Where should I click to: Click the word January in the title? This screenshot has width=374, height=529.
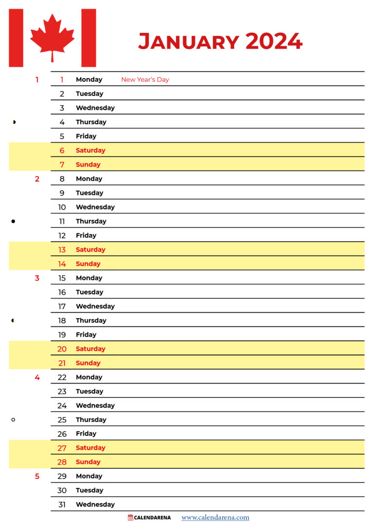click(x=188, y=41)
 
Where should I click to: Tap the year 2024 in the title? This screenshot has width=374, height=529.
click(x=274, y=41)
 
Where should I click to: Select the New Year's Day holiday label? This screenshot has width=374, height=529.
click(x=145, y=80)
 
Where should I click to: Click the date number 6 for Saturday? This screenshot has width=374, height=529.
click(x=62, y=151)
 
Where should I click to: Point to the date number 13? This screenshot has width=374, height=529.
click(x=62, y=250)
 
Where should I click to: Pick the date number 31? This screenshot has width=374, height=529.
click(x=62, y=505)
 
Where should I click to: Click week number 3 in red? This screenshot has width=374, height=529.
click(x=37, y=278)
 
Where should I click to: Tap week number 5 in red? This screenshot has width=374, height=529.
click(x=37, y=476)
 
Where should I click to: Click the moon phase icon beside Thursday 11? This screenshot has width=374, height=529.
click(x=13, y=221)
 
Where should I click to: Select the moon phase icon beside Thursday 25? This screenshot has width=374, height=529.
click(x=13, y=419)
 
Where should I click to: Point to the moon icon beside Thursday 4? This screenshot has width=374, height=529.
click(x=14, y=122)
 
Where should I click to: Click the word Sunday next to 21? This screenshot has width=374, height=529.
click(x=88, y=363)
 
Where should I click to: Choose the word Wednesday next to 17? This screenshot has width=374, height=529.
click(x=95, y=306)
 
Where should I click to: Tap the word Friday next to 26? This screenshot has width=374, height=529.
click(x=86, y=434)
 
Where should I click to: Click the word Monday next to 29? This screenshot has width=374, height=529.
click(x=89, y=476)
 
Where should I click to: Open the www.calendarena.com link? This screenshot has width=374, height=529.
click(x=215, y=517)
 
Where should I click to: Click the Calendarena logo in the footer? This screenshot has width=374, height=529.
click(x=150, y=517)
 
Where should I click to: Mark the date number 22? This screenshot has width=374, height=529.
click(x=62, y=377)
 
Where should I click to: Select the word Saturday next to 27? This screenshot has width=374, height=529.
click(x=90, y=448)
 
